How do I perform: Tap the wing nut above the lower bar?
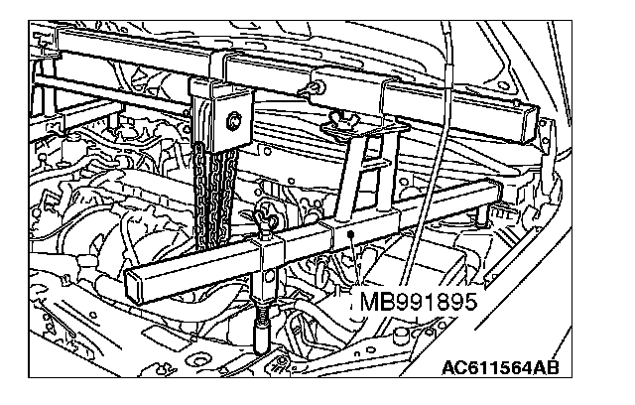(x=265, y=217)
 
